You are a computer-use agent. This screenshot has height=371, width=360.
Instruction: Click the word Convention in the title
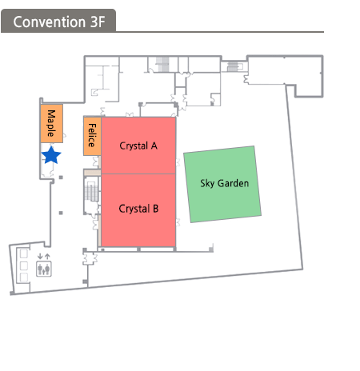(50, 22)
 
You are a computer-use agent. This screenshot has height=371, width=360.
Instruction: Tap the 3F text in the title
(98, 22)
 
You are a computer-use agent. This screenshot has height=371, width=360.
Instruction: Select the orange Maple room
(52, 123)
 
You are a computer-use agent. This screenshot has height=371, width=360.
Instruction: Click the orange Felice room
(92, 136)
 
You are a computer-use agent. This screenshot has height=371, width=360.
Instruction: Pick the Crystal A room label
(138, 146)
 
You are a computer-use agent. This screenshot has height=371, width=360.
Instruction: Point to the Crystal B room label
(138, 209)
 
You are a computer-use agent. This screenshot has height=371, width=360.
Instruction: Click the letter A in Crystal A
(154, 146)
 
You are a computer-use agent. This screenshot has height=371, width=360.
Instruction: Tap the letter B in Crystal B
(156, 209)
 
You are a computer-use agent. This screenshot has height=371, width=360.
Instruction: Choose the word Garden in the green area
(233, 183)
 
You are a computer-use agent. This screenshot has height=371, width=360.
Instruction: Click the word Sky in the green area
(207, 184)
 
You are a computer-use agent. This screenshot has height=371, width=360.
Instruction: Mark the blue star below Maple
(51, 155)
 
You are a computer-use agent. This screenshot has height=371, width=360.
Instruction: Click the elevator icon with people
(44, 269)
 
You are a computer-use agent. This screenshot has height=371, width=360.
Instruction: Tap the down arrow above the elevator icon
(40, 257)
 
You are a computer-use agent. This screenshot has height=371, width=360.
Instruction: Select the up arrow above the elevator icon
(47, 257)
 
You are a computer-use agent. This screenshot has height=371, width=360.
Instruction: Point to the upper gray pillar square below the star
(61, 178)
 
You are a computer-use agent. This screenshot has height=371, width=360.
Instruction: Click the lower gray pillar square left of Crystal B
(61, 213)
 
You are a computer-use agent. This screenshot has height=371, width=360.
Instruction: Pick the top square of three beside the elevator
(24, 253)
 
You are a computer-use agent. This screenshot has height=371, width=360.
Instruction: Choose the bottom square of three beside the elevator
(24, 277)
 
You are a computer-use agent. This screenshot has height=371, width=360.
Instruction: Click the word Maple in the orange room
(51, 123)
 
